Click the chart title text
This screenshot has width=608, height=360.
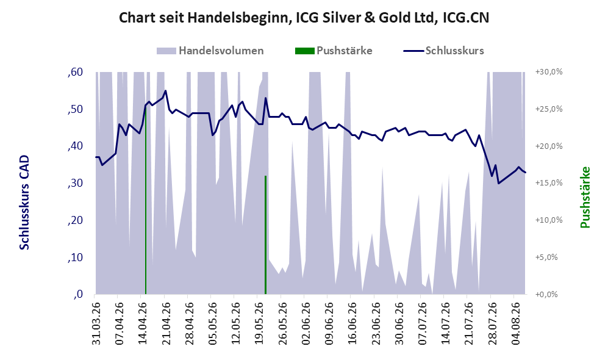[x=304, y=18]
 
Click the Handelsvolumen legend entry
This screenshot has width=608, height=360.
[x=210, y=51]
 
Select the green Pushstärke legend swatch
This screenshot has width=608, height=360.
[x=304, y=51]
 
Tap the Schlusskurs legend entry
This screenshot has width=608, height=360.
[x=443, y=51]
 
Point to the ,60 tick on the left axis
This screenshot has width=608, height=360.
[x=75, y=72]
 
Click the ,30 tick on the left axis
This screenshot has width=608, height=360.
[x=75, y=183]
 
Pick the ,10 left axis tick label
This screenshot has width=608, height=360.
[x=75, y=257]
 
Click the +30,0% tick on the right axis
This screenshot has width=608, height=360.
[x=549, y=72]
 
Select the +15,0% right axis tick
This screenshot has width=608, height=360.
[x=549, y=183]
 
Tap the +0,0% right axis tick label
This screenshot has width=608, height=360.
[x=547, y=295]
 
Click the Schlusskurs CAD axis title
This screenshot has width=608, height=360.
[x=24, y=203]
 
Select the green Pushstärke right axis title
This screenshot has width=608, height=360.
[x=585, y=197]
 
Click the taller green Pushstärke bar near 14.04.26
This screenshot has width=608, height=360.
[x=146, y=200]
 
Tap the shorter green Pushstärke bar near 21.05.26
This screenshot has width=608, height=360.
[x=266, y=235]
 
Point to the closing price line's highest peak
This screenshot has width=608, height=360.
[x=166, y=91]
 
